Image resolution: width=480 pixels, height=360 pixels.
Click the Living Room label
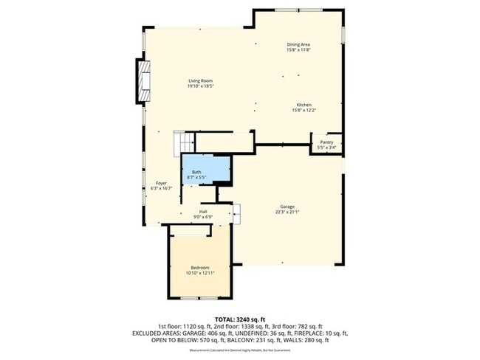(200, 81)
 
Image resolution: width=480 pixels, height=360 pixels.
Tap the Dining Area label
(298, 44)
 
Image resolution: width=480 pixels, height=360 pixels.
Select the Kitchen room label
(304, 105)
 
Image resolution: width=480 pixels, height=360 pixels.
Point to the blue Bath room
(206, 170)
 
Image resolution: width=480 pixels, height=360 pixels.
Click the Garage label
(287, 206)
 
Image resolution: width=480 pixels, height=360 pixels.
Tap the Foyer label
(160, 182)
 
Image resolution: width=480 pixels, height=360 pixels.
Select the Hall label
(202, 212)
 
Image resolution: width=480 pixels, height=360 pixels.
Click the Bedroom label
(200, 267)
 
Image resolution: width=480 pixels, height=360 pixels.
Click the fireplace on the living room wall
(142, 81)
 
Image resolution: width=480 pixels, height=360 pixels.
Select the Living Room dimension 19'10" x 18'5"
(200, 86)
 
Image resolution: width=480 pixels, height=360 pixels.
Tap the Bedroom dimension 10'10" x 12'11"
(200, 272)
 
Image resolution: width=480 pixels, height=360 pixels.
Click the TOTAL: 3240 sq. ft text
(240, 318)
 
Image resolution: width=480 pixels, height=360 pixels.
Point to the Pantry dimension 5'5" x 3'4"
(326, 148)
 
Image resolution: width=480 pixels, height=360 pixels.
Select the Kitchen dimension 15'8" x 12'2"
(304, 111)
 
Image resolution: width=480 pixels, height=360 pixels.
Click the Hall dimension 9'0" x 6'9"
(202, 217)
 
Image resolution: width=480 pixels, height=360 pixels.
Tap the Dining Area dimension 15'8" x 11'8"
(298, 49)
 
